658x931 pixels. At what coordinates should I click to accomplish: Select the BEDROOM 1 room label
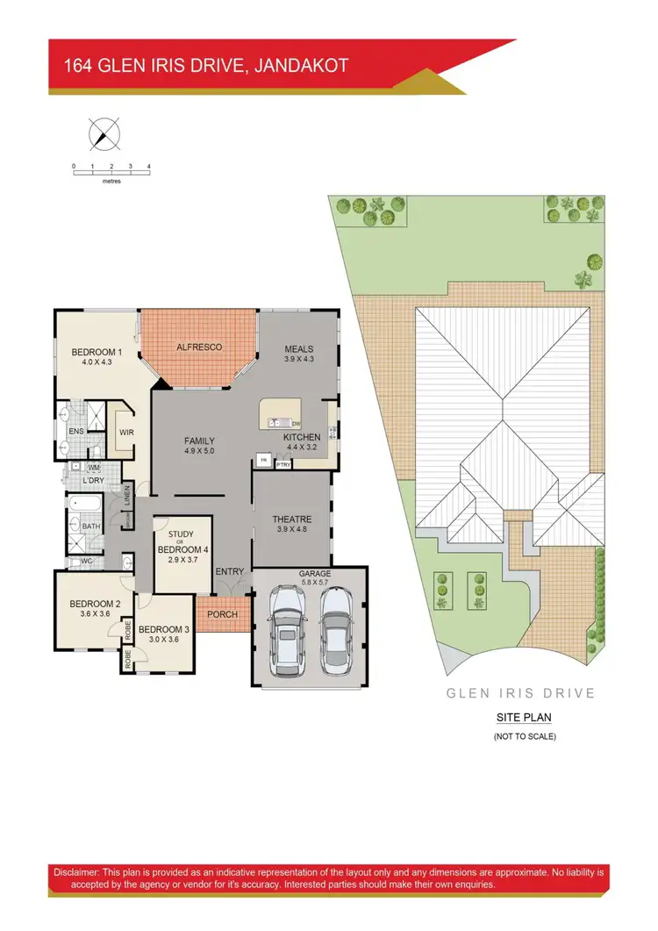click(93, 353)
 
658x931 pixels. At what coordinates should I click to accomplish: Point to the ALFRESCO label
click(199, 347)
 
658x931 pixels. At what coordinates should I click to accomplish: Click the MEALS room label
click(298, 349)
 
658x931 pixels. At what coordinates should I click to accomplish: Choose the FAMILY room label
click(199, 441)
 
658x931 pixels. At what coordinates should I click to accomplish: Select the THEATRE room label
click(292, 519)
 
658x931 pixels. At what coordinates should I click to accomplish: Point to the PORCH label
click(222, 614)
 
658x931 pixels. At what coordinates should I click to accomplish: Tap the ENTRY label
click(230, 572)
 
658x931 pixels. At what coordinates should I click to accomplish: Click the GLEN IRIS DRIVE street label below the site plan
click(521, 693)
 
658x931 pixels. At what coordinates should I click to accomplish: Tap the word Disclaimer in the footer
click(75, 874)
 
